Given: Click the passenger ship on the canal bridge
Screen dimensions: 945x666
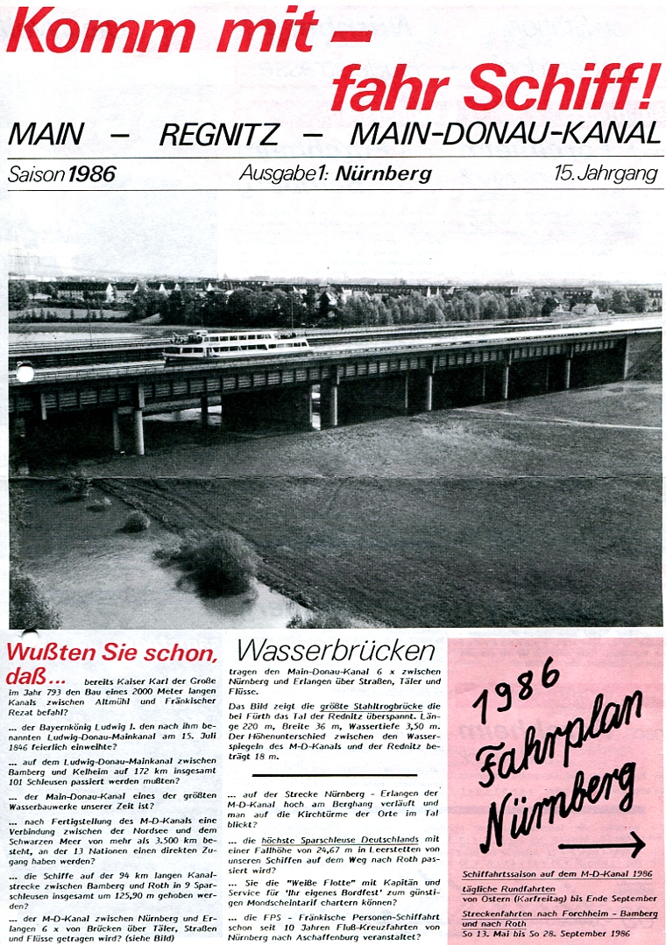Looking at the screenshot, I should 237,345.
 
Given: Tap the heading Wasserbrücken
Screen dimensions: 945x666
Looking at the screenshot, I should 337,652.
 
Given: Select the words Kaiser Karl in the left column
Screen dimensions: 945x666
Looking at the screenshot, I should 147,680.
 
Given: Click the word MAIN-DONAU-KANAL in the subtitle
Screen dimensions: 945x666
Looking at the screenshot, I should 505,134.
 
